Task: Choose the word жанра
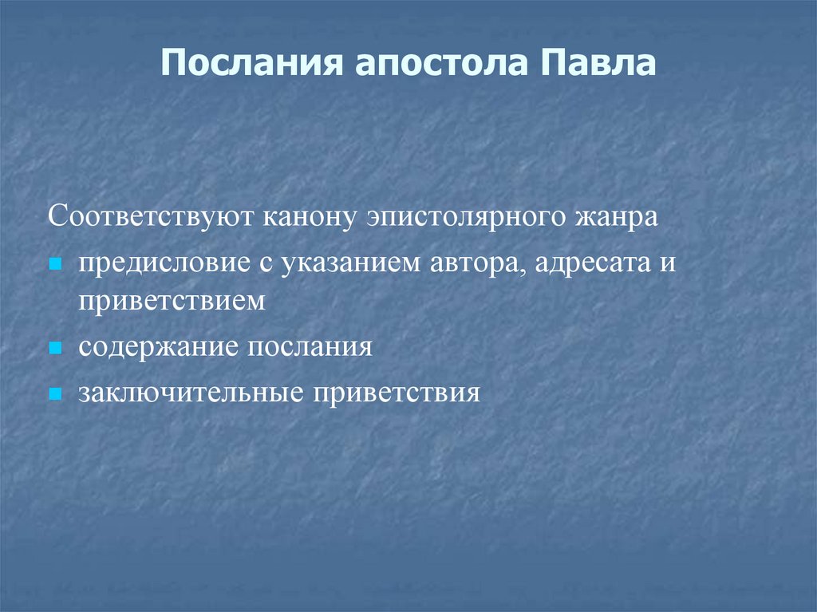pos(614,218)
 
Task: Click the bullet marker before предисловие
pos(55,263)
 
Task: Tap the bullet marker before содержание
pos(55,349)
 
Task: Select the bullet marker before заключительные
pos(55,394)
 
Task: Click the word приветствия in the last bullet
pos(396,393)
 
